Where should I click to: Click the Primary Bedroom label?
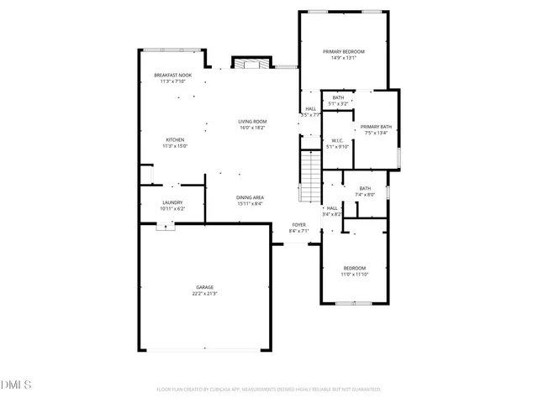343,51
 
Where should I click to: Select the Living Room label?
253,122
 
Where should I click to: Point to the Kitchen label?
175,139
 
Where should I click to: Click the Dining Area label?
250,196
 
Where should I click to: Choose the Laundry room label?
173,201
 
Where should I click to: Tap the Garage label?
205,287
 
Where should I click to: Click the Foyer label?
298,224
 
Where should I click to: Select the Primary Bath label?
376,126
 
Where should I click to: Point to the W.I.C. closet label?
336,140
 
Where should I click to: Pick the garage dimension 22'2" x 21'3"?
205,294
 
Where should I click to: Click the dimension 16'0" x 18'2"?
253,128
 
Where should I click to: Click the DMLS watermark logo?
16,385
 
